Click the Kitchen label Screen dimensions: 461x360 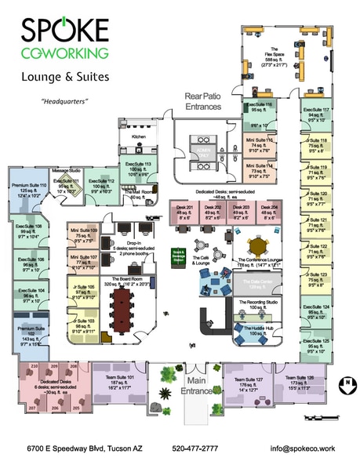coord(139,136)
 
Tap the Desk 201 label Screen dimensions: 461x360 coord(186,210)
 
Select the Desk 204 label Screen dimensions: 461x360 coord(269,210)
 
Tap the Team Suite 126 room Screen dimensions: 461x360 coord(300,383)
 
